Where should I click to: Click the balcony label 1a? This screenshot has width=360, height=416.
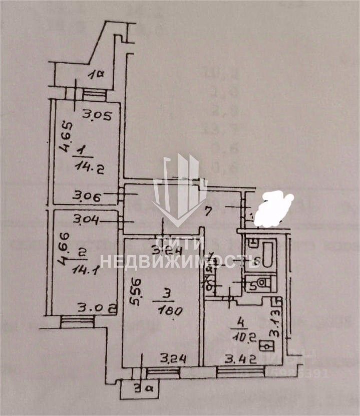click(95, 75)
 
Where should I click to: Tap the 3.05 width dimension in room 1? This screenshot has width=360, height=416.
click(95, 116)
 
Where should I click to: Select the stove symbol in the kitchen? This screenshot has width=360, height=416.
click(267, 345)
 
